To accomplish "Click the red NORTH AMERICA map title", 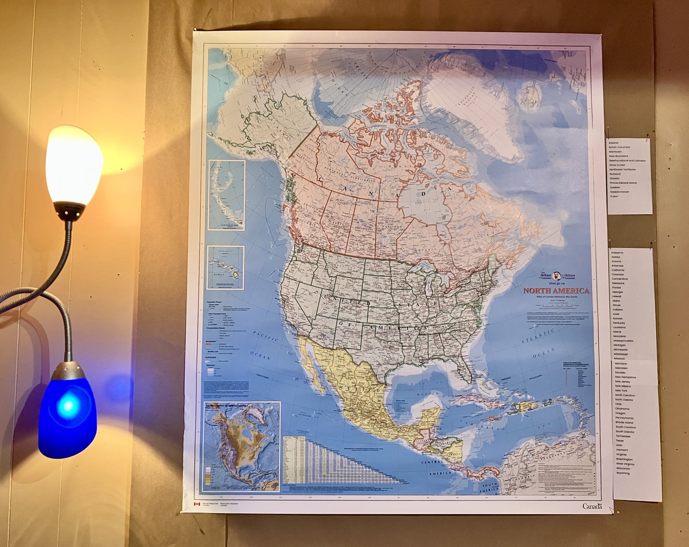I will click(556, 291).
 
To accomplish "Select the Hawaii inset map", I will click(225, 267).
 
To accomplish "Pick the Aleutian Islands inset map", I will click(226, 195).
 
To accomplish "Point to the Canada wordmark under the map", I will click(592, 506).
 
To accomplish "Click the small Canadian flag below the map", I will click(196, 504).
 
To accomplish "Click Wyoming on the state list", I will click(623, 473).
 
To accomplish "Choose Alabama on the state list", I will click(617, 253).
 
